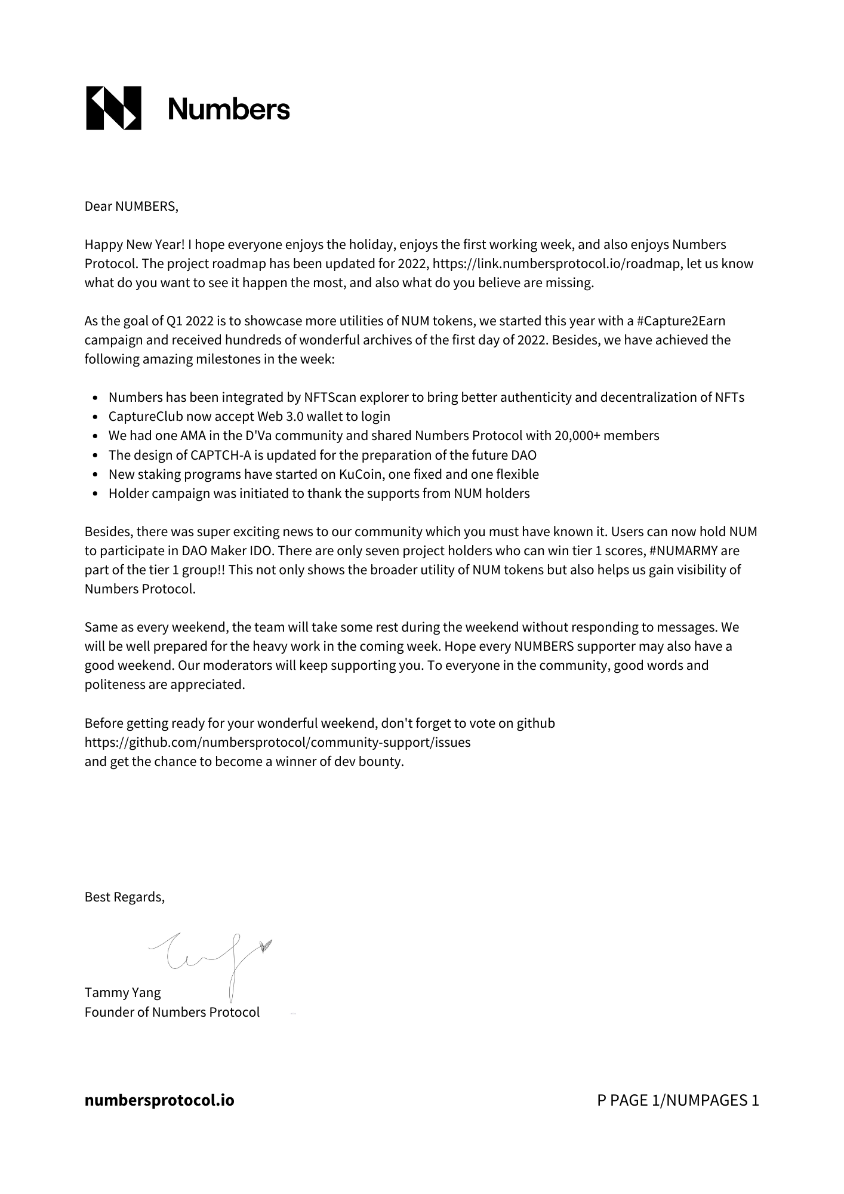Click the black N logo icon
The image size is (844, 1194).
[113, 108]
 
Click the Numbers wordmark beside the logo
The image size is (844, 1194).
[229, 109]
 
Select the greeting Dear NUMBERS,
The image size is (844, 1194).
[131, 207]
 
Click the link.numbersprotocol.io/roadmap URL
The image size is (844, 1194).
[556, 264]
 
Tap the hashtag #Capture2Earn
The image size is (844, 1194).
[681, 321]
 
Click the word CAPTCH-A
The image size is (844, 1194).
[220, 456]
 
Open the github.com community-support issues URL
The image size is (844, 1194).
[278, 743]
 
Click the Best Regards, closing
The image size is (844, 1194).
[124, 897]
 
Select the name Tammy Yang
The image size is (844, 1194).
[122, 993]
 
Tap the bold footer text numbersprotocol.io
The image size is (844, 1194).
[159, 1100]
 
